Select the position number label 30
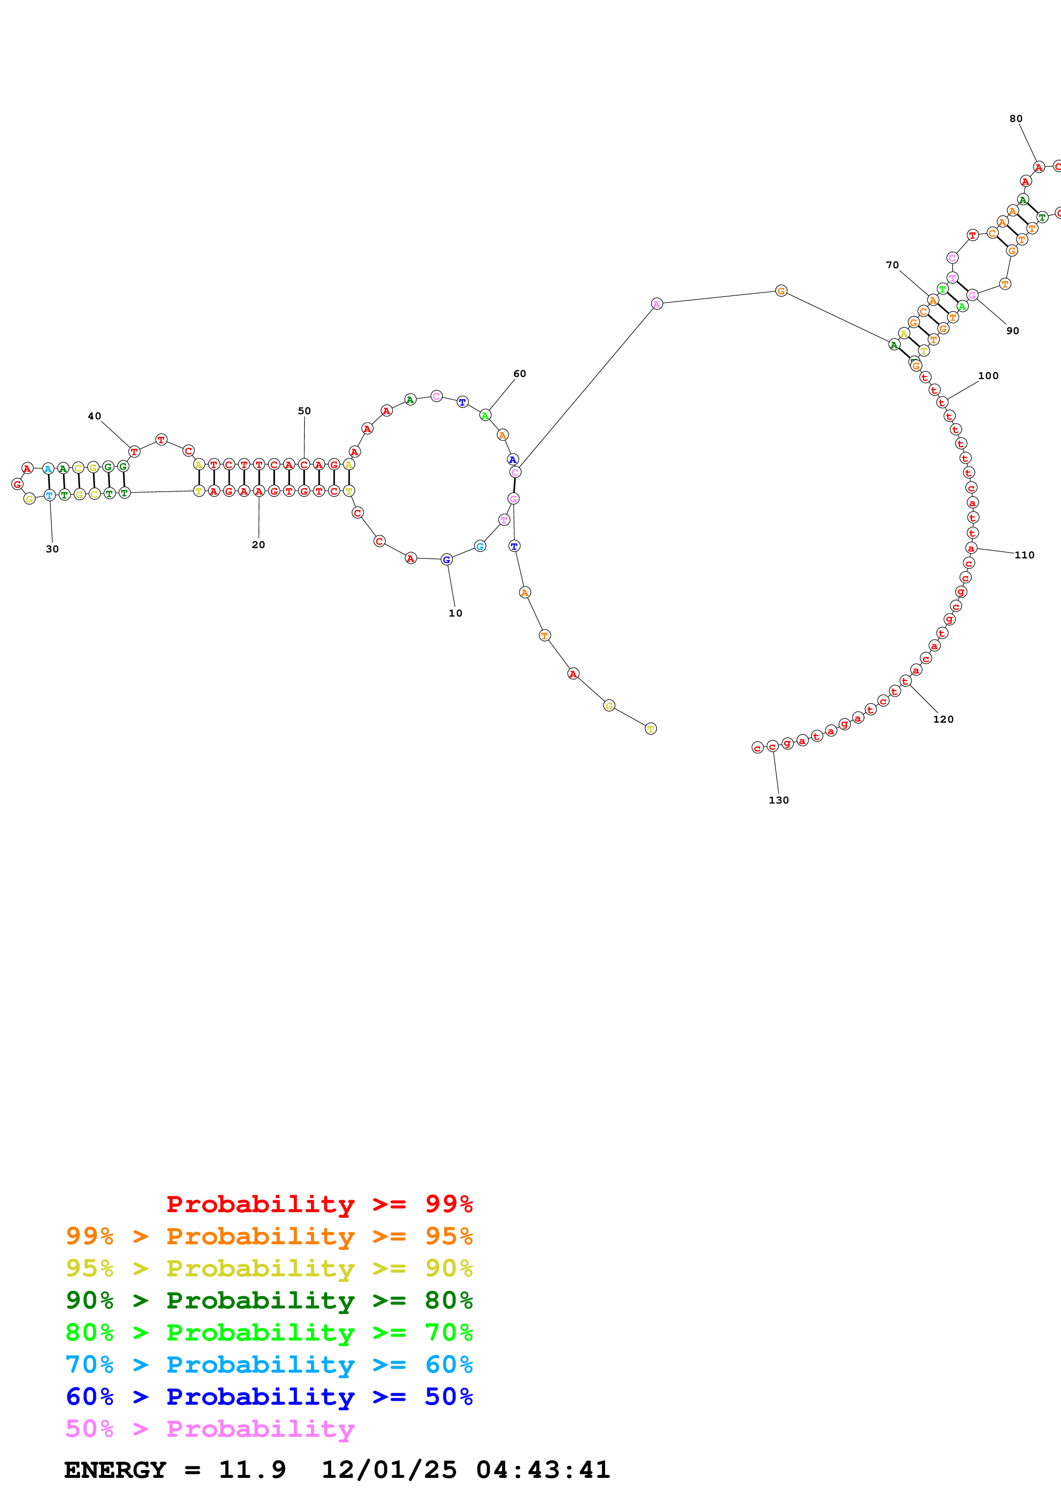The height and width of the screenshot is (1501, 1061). click(x=52, y=549)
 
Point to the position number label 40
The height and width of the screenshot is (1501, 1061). click(x=94, y=416)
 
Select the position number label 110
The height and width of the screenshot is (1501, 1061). click(x=1024, y=555)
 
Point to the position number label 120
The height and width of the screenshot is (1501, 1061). click(x=943, y=719)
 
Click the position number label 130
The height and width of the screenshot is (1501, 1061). click(x=778, y=800)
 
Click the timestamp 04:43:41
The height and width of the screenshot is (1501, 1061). click(x=543, y=1470)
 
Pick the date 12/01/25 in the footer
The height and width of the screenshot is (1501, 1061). click(x=389, y=1470)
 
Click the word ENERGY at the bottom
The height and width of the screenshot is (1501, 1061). click(x=115, y=1470)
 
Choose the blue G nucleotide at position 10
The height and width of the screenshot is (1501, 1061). click(x=446, y=560)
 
